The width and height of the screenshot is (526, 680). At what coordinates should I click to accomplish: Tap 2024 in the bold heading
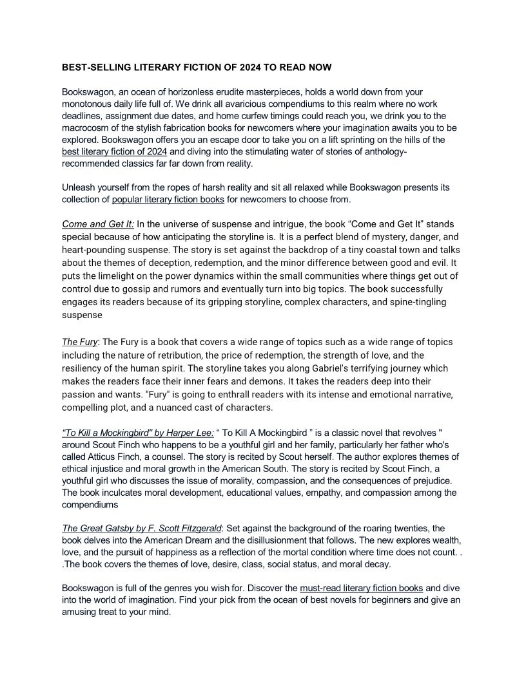click(x=260, y=67)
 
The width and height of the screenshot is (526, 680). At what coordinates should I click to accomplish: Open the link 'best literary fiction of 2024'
click(x=114, y=152)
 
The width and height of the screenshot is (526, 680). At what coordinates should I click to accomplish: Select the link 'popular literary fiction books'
click(x=168, y=200)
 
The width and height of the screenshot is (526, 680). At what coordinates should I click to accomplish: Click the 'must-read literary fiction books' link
click(x=362, y=588)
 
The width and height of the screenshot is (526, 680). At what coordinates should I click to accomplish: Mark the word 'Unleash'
click(x=80, y=187)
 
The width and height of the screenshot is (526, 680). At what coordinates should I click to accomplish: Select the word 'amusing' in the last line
click(x=82, y=612)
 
